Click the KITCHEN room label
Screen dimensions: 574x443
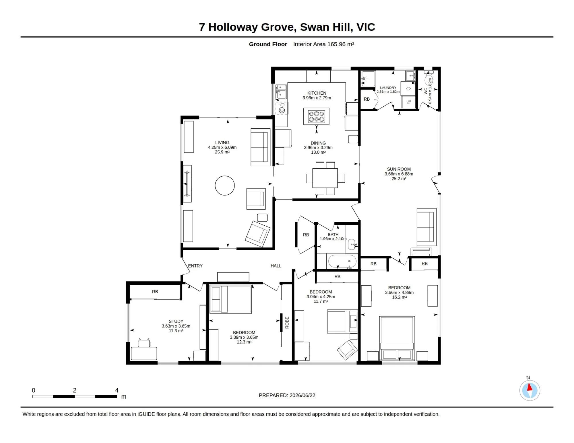click(x=317, y=93)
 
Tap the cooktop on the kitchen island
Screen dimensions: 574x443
click(x=316, y=116)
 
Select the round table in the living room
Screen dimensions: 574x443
click(x=225, y=186)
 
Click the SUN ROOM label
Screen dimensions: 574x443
click(x=399, y=169)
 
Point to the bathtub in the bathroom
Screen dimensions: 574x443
click(x=342, y=261)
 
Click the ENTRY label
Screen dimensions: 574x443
click(x=195, y=266)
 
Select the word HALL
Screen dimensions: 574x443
click(x=276, y=266)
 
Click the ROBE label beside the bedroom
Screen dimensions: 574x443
click(x=287, y=323)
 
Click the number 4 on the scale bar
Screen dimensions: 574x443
click(x=117, y=390)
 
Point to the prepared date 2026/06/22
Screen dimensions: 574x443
click(x=302, y=395)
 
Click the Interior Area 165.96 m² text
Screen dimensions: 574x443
click(x=323, y=44)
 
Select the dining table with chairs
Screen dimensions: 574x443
click(x=325, y=178)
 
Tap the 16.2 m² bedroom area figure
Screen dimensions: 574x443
click(x=399, y=297)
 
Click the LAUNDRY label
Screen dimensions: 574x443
click(x=388, y=88)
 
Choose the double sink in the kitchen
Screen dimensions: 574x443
click(x=281, y=91)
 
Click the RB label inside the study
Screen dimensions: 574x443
click(x=155, y=292)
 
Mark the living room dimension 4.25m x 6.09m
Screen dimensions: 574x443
click(x=222, y=147)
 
